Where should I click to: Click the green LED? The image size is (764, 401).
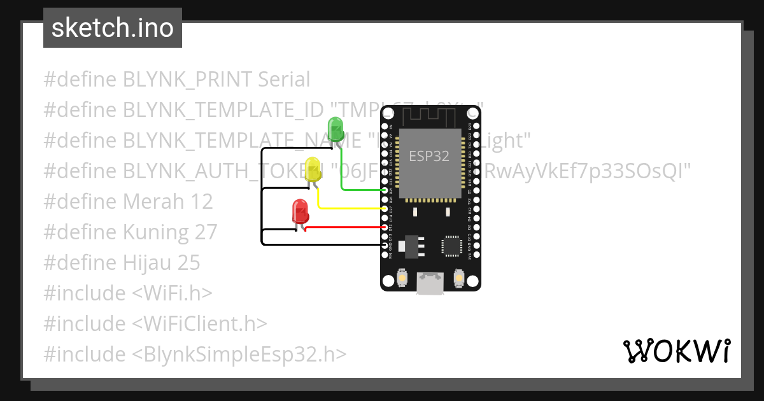pyautogui.click(x=335, y=129)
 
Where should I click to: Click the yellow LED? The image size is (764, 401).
pyautogui.click(x=313, y=169)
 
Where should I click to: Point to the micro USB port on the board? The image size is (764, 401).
pyautogui.click(x=430, y=284)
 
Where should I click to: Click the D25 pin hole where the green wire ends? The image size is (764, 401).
pyautogui.click(x=385, y=190)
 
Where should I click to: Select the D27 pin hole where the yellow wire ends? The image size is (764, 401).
pyautogui.click(x=385, y=208)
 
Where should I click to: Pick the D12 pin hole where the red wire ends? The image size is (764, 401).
pyautogui.click(x=385, y=227)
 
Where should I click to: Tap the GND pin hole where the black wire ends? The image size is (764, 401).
pyautogui.click(x=385, y=244)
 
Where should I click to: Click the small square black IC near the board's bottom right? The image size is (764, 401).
pyautogui.click(x=452, y=246)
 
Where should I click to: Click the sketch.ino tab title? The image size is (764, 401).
pyautogui.click(x=113, y=28)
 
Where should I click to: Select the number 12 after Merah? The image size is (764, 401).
pyautogui.click(x=202, y=202)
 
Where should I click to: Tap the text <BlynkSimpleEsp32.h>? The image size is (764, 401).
pyautogui.click(x=240, y=355)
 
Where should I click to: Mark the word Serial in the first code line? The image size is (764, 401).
pyautogui.click(x=284, y=80)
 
